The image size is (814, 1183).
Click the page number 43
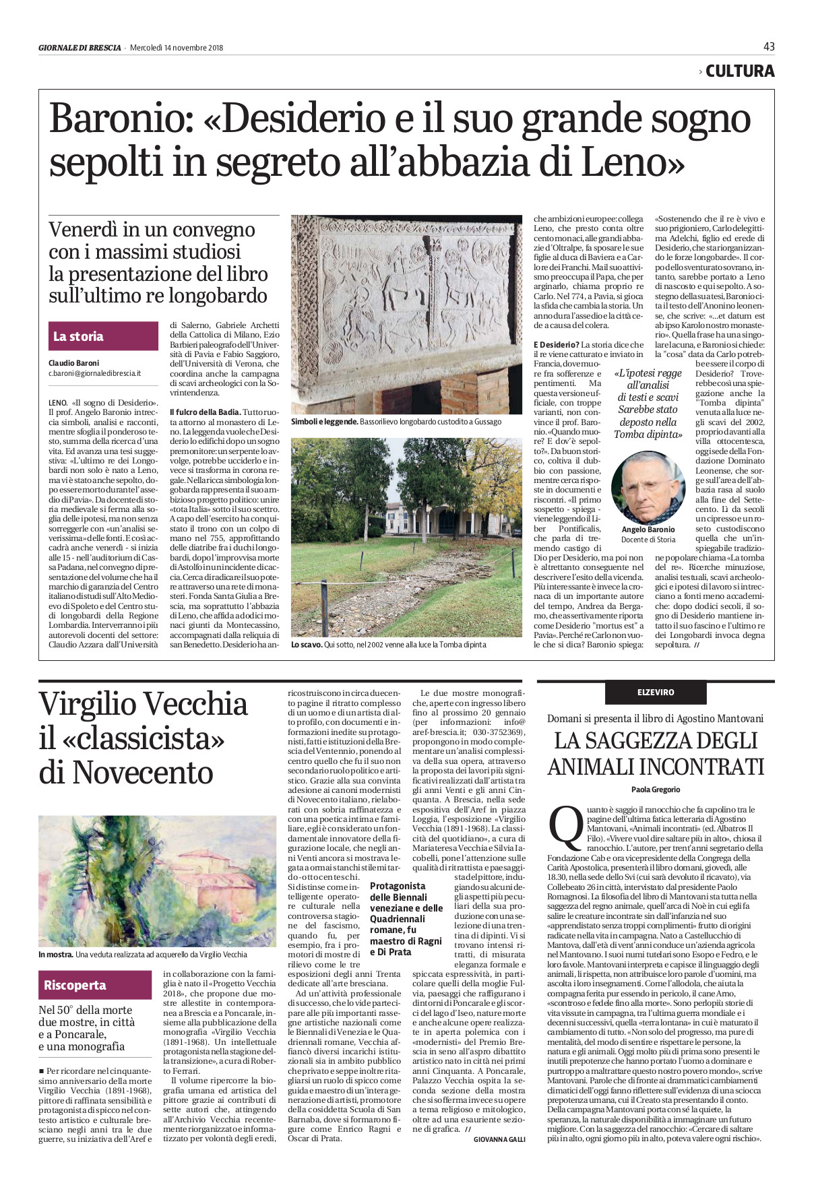coord(769,46)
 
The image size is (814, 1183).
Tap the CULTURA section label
coord(739,71)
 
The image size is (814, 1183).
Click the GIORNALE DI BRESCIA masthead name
coord(80,48)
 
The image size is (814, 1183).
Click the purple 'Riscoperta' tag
coord(94,985)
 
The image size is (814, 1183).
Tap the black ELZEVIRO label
coord(656,692)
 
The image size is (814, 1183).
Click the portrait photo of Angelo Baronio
coord(648,488)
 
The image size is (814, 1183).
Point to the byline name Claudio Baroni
coord(73,363)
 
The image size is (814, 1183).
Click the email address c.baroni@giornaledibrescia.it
coord(94,373)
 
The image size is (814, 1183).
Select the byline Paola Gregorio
coord(656,789)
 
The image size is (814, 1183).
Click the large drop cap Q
coord(565,827)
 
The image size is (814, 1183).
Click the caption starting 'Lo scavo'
coord(306,645)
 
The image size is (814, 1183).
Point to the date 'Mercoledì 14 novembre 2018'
coord(177,48)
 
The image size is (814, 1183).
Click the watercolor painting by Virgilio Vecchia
coord(158,881)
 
